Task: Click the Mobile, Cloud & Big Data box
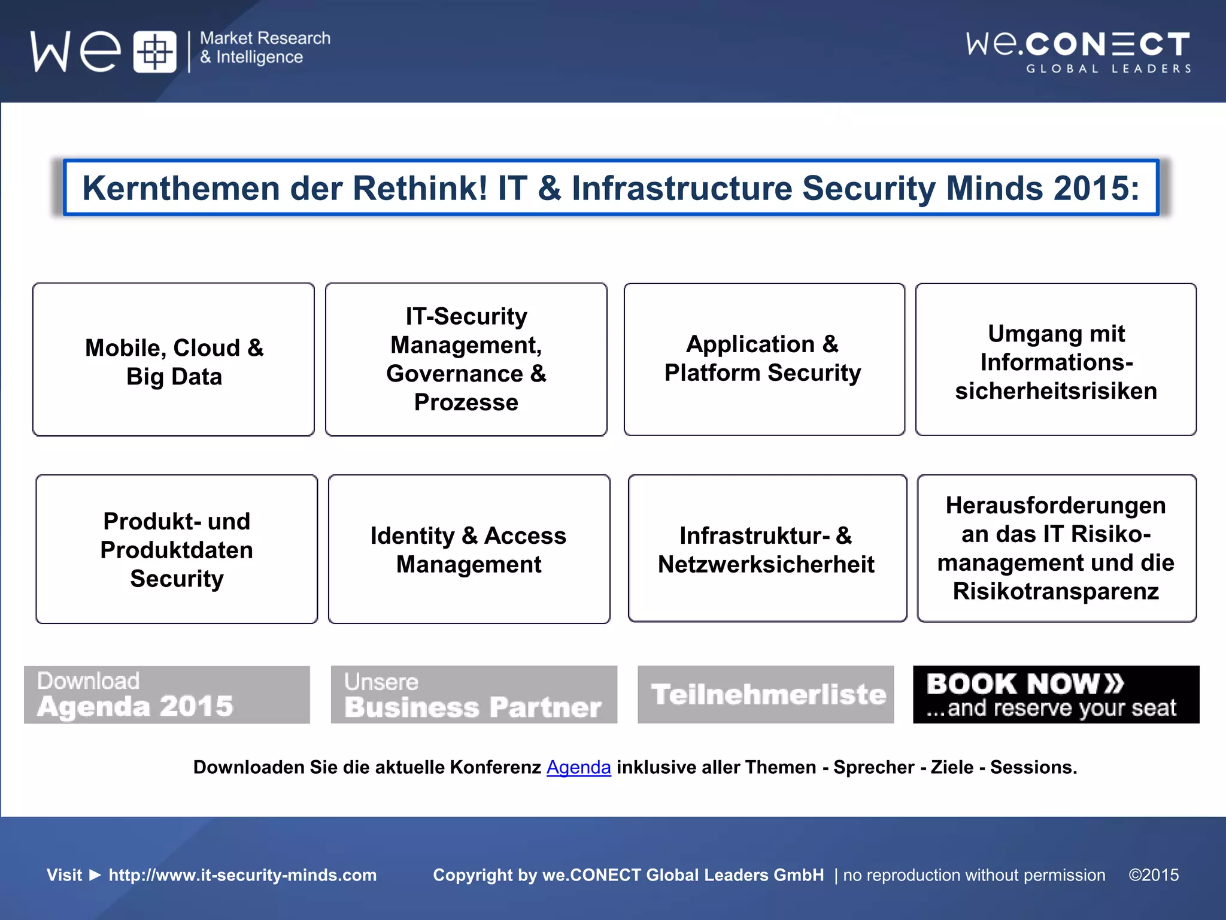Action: pos(174,359)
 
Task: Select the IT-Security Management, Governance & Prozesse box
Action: pos(466,359)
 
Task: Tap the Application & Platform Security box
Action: pos(764,359)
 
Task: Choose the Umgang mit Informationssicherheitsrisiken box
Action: pos(1056,359)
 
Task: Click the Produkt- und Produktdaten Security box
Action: pos(177,549)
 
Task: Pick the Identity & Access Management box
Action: pos(469,549)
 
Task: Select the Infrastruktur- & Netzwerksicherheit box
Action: pos(767,549)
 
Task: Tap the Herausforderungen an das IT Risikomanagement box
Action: pos(1057,549)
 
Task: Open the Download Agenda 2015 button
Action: pos(167,695)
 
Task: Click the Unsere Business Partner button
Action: pos(474,695)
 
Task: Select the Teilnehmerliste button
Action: pos(766,695)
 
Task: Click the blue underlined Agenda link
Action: pos(578,767)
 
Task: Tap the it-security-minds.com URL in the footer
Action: pos(242,875)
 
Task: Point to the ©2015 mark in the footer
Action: pos(1154,875)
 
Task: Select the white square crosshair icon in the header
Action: pos(154,52)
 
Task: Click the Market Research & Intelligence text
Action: pos(265,48)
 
